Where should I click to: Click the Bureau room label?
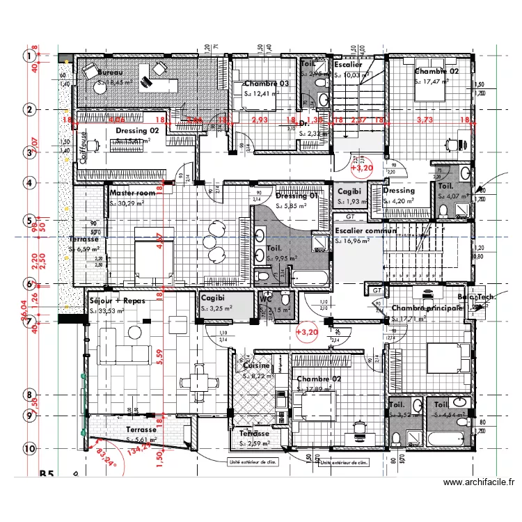click(110, 72)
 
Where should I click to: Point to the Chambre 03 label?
click(266, 84)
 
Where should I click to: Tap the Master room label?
click(133, 193)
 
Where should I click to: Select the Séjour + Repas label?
click(117, 301)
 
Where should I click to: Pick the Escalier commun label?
click(365, 231)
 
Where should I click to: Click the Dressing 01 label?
click(297, 196)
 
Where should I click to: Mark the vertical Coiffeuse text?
click(84, 147)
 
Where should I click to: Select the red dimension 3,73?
click(425, 120)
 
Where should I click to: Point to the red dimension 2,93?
click(260, 120)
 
